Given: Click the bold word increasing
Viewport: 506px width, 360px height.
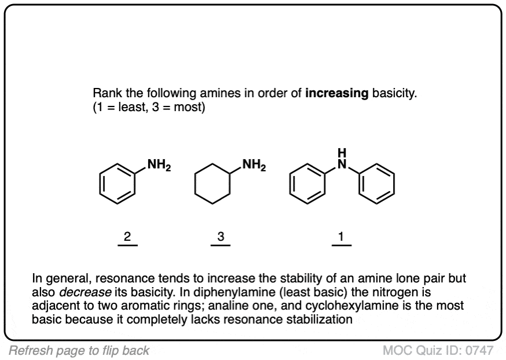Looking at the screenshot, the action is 337,93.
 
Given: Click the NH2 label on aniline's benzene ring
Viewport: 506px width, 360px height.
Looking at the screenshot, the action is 159,165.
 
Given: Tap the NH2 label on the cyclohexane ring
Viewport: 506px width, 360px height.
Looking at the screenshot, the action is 254,165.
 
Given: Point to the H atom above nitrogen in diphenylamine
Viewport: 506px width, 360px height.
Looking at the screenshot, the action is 342,152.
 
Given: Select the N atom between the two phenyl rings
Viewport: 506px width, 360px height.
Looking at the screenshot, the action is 342,164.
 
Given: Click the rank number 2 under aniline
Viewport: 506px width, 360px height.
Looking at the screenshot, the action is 127,237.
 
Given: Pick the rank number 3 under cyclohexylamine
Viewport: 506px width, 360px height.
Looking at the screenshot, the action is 221,237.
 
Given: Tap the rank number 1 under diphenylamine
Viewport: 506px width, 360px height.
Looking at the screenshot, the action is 341,237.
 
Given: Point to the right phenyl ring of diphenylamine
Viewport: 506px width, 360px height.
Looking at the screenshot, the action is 394,185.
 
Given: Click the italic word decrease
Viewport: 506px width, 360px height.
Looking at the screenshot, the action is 85,292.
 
